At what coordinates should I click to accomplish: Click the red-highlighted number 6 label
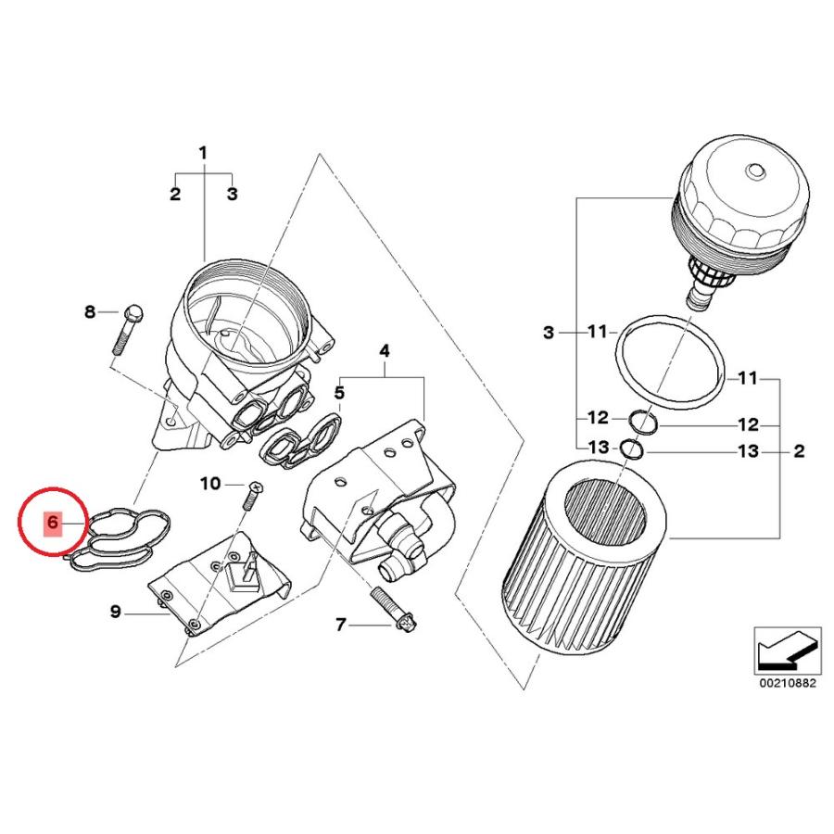(52, 522)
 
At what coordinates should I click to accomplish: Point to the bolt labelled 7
(395, 610)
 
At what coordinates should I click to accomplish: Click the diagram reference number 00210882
(787, 683)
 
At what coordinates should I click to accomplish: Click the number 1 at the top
(203, 153)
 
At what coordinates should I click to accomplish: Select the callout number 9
(116, 612)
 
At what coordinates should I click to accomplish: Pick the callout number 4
(384, 350)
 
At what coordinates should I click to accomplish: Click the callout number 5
(339, 393)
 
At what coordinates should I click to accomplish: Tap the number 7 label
(341, 624)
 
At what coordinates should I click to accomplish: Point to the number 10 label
(210, 484)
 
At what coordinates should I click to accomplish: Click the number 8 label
(90, 311)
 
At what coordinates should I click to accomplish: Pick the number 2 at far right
(799, 451)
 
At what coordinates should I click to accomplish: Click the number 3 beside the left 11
(549, 333)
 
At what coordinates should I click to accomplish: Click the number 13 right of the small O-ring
(747, 451)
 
